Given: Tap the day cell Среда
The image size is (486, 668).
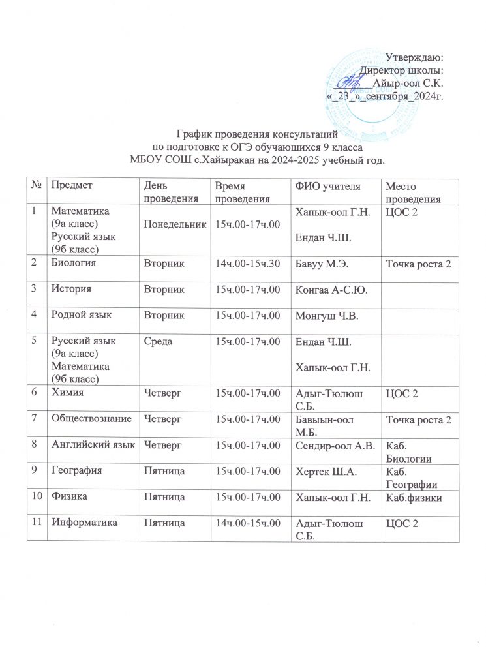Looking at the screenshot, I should click(x=159, y=342).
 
